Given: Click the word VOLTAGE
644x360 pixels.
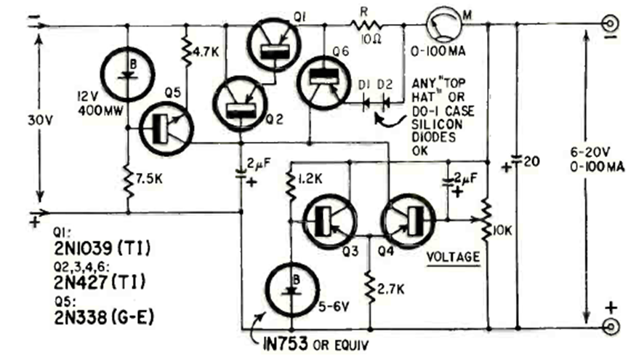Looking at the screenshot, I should pos(453,257).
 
